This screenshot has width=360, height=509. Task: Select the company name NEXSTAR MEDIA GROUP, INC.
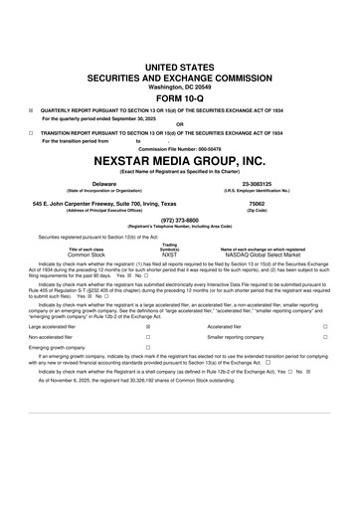(x=180, y=159)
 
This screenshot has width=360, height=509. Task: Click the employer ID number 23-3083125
(x=257, y=184)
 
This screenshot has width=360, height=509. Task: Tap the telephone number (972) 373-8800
(x=180, y=220)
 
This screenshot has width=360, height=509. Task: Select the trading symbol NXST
(x=170, y=254)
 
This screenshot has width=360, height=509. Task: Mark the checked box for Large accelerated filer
(x=148, y=325)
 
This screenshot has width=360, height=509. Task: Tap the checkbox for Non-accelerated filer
(x=148, y=336)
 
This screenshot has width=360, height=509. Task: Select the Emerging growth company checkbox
(x=148, y=347)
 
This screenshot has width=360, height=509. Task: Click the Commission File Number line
(x=180, y=149)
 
